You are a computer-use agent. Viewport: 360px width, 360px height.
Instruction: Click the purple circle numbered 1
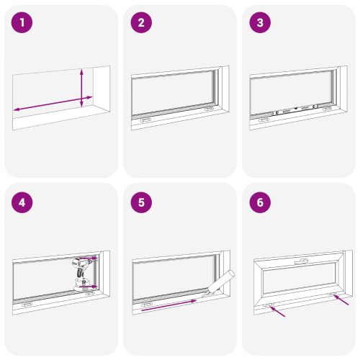[x=22, y=23]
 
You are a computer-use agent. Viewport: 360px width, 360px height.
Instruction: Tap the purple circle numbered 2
[x=141, y=23]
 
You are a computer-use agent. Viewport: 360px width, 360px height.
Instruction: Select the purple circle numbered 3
[x=260, y=23]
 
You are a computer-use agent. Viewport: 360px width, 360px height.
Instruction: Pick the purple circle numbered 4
[x=22, y=202]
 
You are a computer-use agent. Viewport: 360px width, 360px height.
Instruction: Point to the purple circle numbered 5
[x=141, y=202]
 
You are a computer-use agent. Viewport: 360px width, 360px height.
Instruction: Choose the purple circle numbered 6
[x=260, y=202]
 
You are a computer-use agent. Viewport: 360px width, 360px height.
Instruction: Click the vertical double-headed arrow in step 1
[x=81, y=88]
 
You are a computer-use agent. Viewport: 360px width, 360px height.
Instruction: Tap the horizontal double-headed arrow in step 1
[x=53, y=104]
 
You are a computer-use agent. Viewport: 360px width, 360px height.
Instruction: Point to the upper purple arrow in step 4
[x=89, y=258]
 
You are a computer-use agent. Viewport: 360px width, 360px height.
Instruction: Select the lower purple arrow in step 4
[x=88, y=287]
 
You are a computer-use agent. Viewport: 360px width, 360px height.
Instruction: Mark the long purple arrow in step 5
[x=169, y=305]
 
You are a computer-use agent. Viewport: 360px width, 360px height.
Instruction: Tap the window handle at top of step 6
[x=302, y=261]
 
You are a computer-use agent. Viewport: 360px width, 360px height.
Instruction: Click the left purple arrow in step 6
[x=277, y=312]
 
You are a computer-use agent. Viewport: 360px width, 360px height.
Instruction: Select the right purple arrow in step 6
[x=341, y=300]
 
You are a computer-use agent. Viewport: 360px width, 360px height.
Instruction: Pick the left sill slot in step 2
[x=145, y=120]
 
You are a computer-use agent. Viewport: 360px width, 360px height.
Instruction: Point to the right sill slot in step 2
[x=209, y=109]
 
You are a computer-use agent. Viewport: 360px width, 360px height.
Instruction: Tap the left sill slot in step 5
[x=147, y=305]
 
